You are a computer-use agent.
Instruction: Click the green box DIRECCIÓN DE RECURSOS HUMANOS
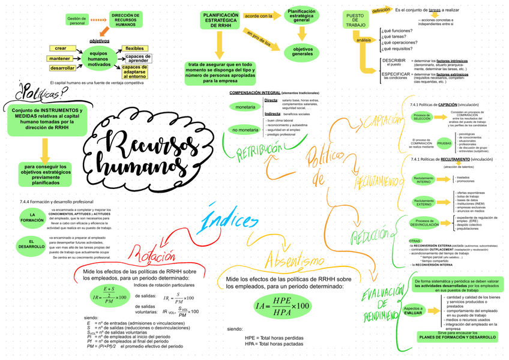pyautogui.click(x=125, y=20)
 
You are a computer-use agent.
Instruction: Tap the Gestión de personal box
pyautogui.click(x=77, y=21)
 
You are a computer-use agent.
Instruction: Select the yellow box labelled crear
pyautogui.click(x=61, y=48)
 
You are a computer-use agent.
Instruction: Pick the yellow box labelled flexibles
pyautogui.click(x=134, y=48)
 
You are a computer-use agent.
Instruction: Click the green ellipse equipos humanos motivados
pyautogui.click(x=98, y=59)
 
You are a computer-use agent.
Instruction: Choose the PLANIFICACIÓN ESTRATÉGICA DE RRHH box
pyautogui.click(x=220, y=20)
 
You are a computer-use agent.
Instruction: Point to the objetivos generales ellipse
pyautogui.click(x=302, y=52)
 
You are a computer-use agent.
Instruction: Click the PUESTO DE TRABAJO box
pyautogui.click(x=355, y=20)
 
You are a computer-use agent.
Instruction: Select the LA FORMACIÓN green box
pyautogui.click(x=32, y=218)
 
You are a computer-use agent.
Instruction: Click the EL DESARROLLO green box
pyautogui.click(x=31, y=244)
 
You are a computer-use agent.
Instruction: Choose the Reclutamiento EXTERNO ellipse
pyautogui.click(x=424, y=202)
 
